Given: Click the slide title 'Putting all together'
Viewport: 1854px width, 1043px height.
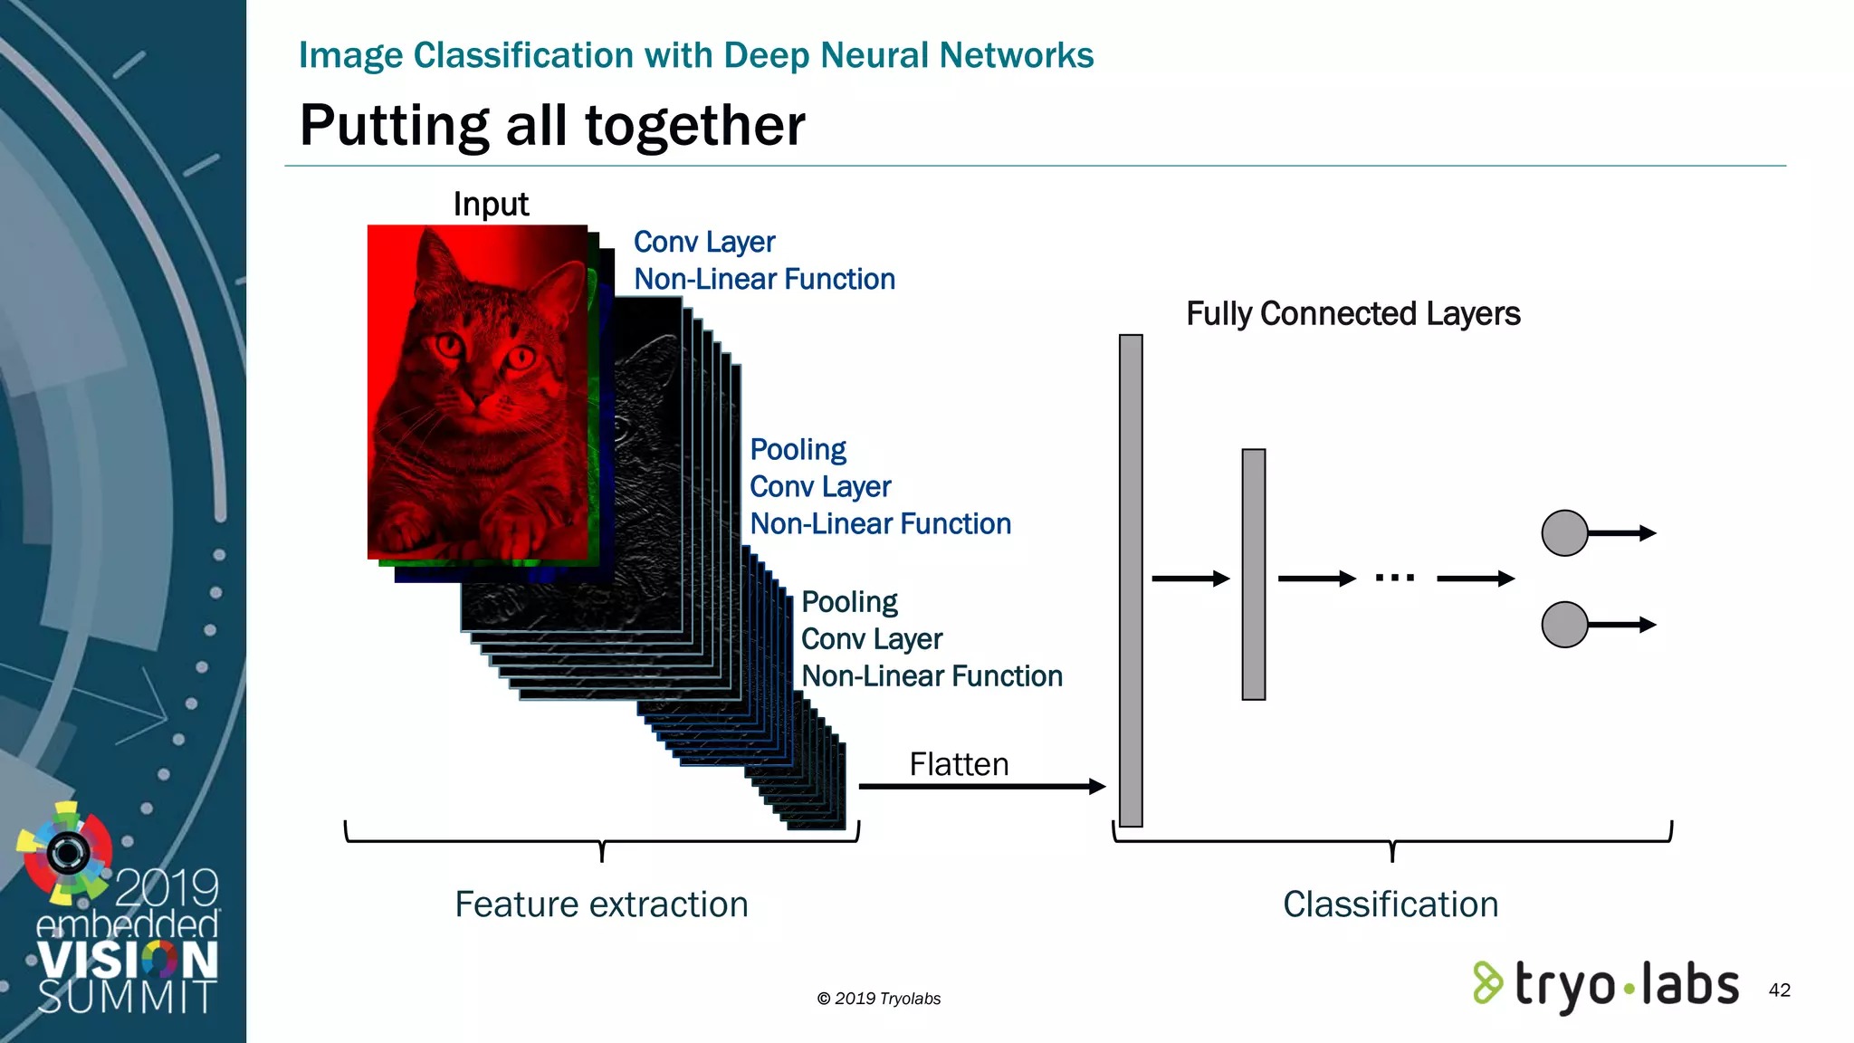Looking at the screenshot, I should pos(552,125).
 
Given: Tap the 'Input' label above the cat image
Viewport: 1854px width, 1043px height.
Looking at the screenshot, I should pos(491,205).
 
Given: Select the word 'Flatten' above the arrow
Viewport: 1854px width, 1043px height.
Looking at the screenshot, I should pos(959,765).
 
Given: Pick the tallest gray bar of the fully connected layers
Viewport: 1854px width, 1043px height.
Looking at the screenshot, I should pos(1131,580).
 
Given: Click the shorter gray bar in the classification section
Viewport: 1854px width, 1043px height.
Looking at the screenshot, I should pos(1254,574).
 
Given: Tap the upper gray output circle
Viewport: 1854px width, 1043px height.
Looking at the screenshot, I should pos(1564,533).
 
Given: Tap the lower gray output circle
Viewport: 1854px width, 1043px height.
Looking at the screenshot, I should pos(1564,625).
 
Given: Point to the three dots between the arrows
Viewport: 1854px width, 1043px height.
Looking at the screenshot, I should pos(1395,578).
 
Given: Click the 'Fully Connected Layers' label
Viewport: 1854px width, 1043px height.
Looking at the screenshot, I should pos(1352,314).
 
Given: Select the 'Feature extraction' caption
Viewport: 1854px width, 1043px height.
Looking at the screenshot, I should pos(601,904).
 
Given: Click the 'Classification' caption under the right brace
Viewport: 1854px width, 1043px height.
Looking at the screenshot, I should pos(1390,904).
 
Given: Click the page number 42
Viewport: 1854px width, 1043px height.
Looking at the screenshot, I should pos(1779,990).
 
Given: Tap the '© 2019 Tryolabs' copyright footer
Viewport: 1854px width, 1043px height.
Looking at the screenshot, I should pos(878,999).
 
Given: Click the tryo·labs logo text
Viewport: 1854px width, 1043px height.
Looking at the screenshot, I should pos(1626,984).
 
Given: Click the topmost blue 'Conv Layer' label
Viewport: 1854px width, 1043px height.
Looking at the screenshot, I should pos(704,243).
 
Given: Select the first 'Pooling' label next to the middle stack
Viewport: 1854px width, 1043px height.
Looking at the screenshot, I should pos(798,450).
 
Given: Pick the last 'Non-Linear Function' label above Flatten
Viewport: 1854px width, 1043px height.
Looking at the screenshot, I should pos(932,676).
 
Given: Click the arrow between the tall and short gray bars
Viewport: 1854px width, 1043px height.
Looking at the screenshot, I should pos(1190,579).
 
